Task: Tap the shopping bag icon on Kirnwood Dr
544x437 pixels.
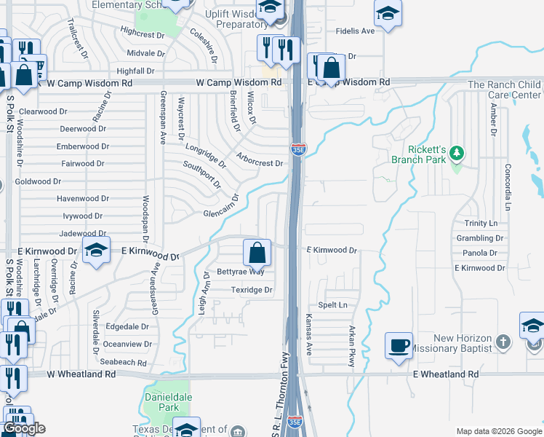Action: tap(257, 253)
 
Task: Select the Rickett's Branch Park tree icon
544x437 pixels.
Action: tap(457, 153)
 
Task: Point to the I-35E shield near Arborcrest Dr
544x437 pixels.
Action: tap(299, 149)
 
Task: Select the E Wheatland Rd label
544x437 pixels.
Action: tap(446, 374)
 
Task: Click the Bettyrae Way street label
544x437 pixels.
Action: tap(241, 272)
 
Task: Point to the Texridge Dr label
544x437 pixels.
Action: tap(251, 290)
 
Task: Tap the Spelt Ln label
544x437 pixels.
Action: tap(332, 304)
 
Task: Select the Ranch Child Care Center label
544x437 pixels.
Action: tap(504, 90)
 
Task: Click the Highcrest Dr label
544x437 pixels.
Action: tap(143, 34)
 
